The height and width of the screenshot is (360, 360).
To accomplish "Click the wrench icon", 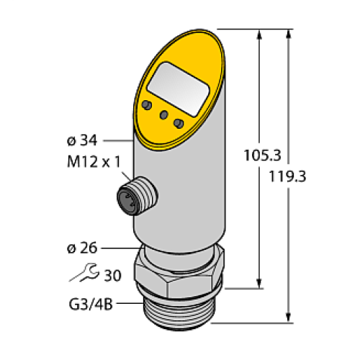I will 80,275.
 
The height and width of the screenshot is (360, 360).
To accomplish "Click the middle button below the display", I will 164,115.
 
